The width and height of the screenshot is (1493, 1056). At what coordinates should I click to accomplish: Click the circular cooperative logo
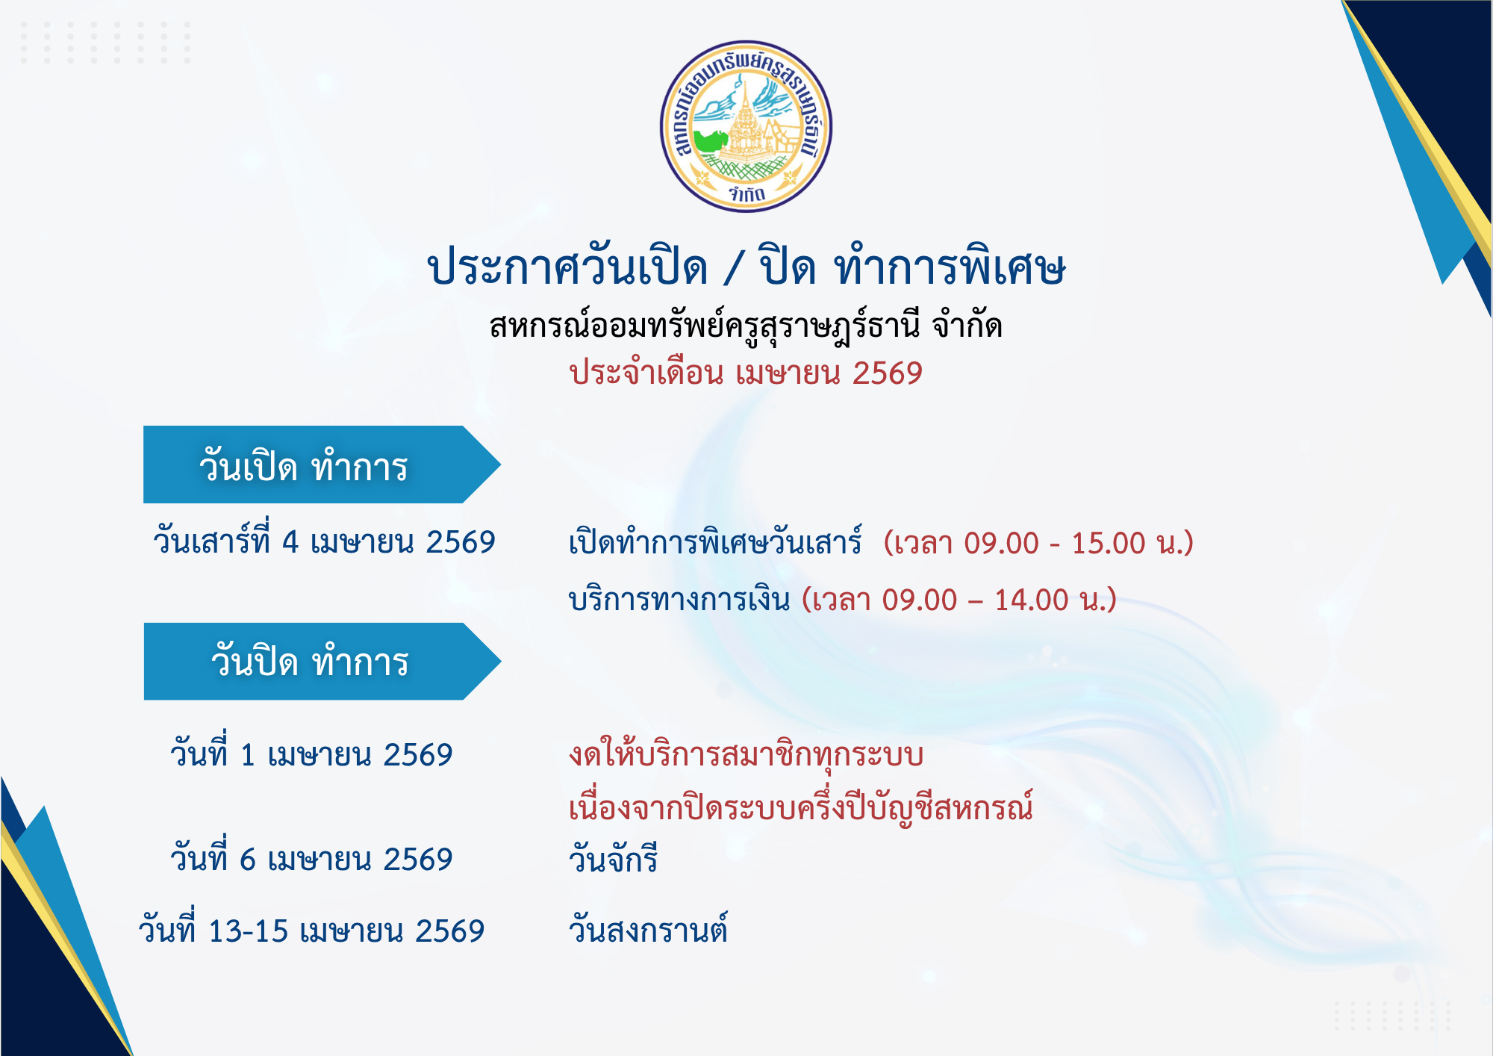746,126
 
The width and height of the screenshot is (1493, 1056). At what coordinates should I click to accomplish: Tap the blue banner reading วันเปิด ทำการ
321,465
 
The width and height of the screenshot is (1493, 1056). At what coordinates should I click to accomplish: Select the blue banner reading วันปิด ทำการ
321,661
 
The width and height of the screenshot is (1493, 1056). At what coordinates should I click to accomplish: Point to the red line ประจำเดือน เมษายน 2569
746,373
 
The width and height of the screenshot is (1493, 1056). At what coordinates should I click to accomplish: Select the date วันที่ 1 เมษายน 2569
311,752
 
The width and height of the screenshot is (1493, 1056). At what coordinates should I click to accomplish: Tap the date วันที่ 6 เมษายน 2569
311,857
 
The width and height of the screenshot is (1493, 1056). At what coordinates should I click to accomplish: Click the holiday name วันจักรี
613,858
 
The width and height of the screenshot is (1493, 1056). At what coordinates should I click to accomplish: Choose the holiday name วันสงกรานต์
648,929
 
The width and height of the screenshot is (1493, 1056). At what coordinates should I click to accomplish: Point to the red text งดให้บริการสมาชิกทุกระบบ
746,754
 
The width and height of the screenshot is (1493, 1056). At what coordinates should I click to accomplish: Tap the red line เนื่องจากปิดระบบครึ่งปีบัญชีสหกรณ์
801,807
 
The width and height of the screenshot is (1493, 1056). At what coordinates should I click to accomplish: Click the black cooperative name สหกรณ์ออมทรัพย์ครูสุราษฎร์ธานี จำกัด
746,326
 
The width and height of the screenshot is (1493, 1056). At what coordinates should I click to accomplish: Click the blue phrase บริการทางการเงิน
679,599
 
